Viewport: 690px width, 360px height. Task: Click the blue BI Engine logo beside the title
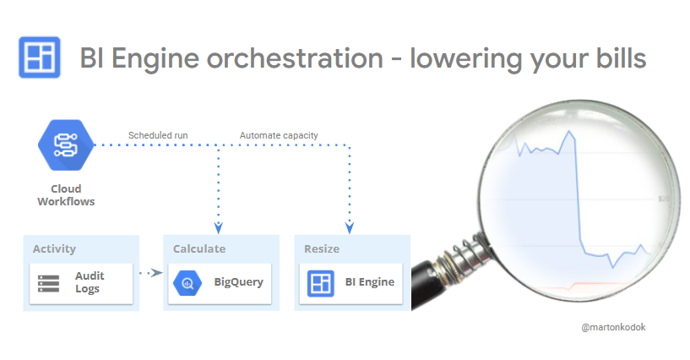[39, 57]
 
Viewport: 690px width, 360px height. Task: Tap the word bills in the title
[616, 58]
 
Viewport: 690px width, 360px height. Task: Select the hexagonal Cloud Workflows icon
[65, 145]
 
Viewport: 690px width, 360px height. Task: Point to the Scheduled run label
[159, 135]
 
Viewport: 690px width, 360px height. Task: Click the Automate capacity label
[279, 135]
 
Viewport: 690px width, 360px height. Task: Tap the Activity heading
[54, 248]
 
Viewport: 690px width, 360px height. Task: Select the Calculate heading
[199, 248]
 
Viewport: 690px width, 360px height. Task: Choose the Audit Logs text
[89, 283]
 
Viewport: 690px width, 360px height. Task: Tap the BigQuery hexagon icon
[187, 283]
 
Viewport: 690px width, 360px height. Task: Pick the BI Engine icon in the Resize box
[321, 282]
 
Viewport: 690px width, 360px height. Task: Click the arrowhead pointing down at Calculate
[219, 227]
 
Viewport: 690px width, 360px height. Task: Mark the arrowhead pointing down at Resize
[350, 227]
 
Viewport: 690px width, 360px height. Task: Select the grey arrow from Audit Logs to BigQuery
[149, 273]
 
